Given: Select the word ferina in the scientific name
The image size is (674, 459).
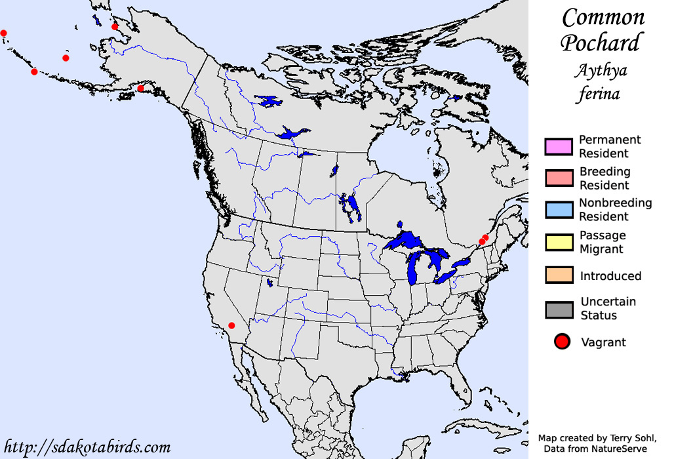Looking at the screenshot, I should pos(599,94).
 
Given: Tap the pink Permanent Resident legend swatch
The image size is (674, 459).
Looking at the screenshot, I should pos(559,146).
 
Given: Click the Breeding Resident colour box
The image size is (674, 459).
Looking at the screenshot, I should pos(559,178).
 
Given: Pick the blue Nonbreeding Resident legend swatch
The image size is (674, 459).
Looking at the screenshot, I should pos(559,209).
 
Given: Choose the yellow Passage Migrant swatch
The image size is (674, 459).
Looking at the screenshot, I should pos(559,241).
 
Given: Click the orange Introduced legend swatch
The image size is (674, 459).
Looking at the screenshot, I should pos(559,275).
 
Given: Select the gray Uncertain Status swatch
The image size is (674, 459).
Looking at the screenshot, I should pos(559,309).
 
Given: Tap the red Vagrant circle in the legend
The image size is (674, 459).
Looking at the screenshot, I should pos(561,342).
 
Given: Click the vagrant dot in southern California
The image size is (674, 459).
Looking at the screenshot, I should pos(231,325).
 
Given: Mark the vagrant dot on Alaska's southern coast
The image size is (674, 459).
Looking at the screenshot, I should pos(140,89).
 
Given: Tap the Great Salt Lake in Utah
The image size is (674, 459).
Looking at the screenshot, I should pos(269,283).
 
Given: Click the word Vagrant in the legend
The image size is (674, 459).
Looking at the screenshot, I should pos(603,342).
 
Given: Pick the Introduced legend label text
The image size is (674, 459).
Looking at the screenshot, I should pos(610,276).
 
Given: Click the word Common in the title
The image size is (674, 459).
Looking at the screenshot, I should pos(603,17).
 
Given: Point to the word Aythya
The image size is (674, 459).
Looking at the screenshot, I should pos(599,70).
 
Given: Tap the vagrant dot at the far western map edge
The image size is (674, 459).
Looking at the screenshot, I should pos(3,33).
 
